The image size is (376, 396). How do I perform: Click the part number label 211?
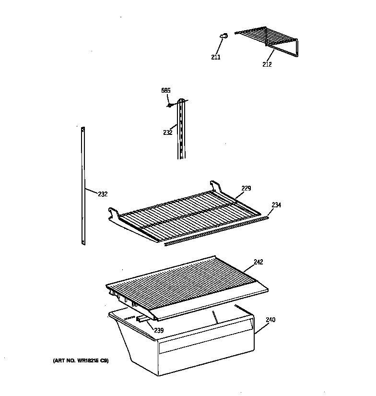coord(215,58)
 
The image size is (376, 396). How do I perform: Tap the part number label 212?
coord(267,64)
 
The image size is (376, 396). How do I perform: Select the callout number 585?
coord(165,90)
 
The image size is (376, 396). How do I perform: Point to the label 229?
coord(246,188)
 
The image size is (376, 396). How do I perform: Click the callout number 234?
coord(276,205)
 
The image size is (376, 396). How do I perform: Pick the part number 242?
coord(258,262)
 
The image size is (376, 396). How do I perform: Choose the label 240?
coord(270,320)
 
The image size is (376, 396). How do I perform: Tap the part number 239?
coord(159,330)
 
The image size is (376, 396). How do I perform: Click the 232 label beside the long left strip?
coord(102,194)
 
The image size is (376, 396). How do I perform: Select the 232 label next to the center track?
coord(167,132)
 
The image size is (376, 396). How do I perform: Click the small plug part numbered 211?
coord(223,35)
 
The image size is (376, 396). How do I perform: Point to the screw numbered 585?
coord(170,106)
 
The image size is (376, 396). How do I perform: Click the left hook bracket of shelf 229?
coord(113,212)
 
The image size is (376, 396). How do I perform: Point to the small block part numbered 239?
coord(142,318)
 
